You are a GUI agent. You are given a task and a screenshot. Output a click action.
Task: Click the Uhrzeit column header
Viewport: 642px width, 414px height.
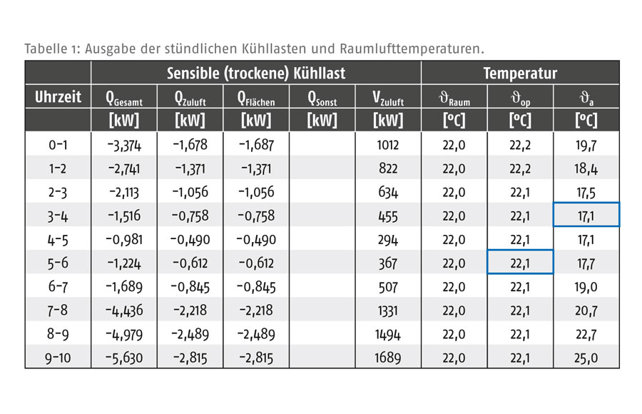click(x=58, y=97)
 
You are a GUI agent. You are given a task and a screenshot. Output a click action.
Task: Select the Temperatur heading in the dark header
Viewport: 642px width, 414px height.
click(x=520, y=74)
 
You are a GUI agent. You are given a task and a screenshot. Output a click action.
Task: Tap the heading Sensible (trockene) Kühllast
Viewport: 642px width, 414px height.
click(x=256, y=74)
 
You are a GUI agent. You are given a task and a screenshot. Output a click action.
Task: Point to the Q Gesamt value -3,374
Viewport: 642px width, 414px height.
click(x=124, y=145)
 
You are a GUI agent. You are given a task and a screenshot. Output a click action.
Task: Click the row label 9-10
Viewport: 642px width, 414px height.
click(x=58, y=358)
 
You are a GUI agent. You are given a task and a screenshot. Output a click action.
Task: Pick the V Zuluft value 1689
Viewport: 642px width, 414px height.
click(x=388, y=358)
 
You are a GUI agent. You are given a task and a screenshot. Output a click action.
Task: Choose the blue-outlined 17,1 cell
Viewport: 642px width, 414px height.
click(x=586, y=214)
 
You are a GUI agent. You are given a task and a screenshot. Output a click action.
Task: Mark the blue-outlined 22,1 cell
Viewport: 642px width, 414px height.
click(x=520, y=262)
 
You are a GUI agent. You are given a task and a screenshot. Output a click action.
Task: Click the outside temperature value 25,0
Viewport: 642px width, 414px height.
click(x=586, y=358)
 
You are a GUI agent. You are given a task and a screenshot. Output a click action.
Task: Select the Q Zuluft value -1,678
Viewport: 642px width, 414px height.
click(x=190, y=145)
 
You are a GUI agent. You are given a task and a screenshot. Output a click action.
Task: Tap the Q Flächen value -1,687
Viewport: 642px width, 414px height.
click(x=256, y=145)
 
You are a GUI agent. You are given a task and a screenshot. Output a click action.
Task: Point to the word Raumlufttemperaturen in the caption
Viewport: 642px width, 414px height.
click(x=412, y=49)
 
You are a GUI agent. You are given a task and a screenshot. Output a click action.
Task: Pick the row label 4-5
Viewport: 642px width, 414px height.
click(x=58, y=240)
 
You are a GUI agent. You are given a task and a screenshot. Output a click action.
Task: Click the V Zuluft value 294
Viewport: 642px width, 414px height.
click(x=388, y=240)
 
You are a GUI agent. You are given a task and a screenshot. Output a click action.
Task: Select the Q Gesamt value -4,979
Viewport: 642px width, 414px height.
click(x=124, y=335)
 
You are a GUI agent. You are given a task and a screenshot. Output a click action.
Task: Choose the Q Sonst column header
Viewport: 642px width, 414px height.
click(x=322, y=98)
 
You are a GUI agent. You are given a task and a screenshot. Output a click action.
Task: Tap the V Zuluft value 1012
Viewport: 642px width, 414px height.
click(x=388, y=145)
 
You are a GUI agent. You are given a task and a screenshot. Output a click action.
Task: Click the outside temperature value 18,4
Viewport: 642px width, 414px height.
click(x=586, y=169)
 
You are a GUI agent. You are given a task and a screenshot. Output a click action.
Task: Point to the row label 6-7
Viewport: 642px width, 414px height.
click(x=58, y=287)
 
